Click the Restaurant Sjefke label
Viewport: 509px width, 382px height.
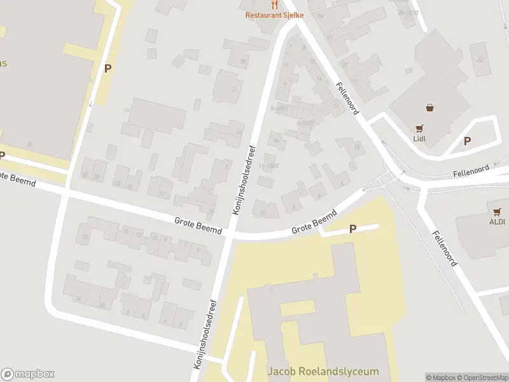pos(274,15)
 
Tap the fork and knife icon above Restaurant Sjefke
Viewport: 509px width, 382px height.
pos(274,4)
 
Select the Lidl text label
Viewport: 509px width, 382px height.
pos(419,138)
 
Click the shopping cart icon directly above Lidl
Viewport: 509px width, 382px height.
pos(419,128)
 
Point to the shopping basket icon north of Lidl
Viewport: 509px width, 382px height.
pos(429,108)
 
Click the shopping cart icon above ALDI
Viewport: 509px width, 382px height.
pos(496,211)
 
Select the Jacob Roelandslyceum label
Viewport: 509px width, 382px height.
pos(323,371)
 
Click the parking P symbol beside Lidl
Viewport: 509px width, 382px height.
pos(467,141)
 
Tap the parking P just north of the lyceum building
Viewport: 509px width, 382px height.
pos(352,229)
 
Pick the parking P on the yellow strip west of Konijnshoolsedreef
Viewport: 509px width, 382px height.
pos(108,68)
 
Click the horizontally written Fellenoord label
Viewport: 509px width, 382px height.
pos(471,171)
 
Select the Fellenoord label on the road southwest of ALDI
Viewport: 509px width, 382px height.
pos(445,248)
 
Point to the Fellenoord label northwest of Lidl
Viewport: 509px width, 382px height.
pos(348,98)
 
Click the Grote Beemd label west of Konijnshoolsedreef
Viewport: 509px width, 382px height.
pos(198,225)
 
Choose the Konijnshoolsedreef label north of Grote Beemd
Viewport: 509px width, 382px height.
pos(244,181)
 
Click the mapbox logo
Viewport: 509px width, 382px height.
pos(28,374)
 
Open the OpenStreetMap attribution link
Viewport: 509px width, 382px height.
pos(482,378)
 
